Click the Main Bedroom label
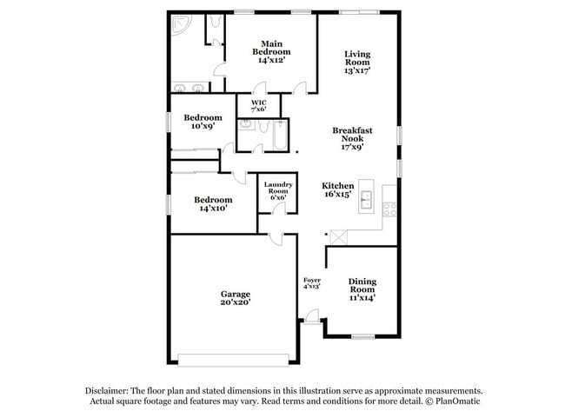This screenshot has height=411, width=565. coord(271,50)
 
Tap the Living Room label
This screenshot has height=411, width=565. coord(356,63)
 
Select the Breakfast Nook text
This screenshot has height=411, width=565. coord(353,138)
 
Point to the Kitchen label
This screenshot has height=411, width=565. coord(337,190)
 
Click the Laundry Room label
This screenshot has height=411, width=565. coord(278,190)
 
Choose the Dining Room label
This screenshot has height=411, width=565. coord(362,289)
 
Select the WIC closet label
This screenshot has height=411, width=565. coord(258,105)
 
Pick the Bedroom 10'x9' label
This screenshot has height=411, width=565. coord(203,122)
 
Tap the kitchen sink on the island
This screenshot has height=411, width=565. coord(367,199)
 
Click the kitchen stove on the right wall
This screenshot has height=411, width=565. coord(389,208)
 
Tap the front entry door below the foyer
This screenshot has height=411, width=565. coord(309,323)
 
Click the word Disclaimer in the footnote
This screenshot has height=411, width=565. coord(108,391)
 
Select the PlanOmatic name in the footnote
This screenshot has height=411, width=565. coord(457,402)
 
